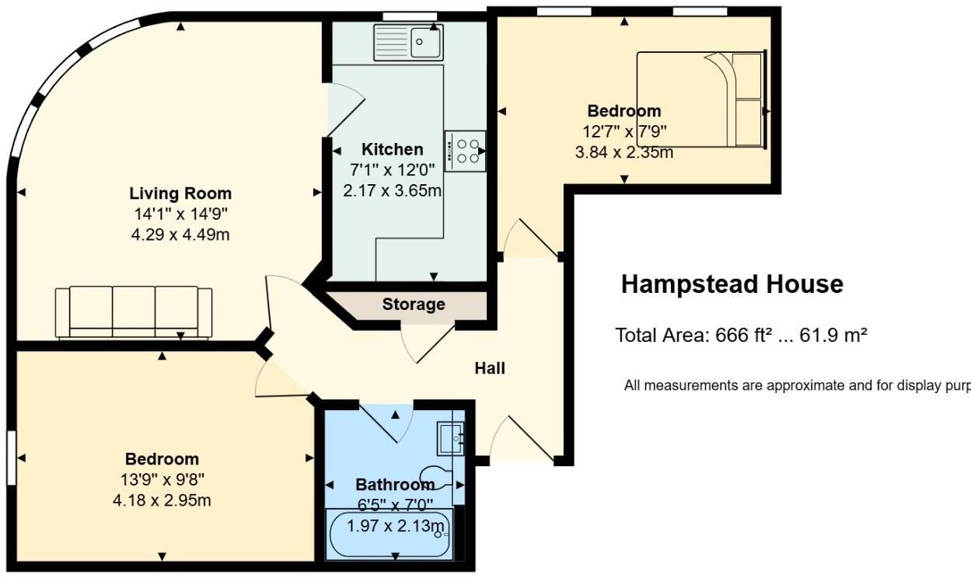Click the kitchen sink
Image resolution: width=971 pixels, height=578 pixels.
[x=407, y=42]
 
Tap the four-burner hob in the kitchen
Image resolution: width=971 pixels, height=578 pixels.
[x=465, y=151]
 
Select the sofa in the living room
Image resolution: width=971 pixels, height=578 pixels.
[x=134, y=312]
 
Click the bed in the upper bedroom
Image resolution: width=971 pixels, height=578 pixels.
[x=700, y=99]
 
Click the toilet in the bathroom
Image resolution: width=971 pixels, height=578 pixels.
[x=438, y=475]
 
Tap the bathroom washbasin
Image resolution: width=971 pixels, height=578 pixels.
[x=449, y=438]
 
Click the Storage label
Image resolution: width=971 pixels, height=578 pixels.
[x=414, y=304]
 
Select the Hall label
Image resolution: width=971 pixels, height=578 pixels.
[x=490, y=368]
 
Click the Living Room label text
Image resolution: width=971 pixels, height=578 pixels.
[x=180, y=193]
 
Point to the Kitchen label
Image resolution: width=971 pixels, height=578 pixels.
[x=393, y=149]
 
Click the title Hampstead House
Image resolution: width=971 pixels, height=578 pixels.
[x=732, y=284]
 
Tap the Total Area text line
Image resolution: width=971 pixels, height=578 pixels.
[x=741, y=336]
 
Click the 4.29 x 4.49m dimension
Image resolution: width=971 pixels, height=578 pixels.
[x=180, y=234]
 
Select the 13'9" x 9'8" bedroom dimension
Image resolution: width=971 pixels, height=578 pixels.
[x=162, y=479]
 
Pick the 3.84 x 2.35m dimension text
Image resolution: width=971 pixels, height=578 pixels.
[x=623, y=152]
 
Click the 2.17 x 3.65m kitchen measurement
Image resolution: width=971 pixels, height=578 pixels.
[x=393, y=190]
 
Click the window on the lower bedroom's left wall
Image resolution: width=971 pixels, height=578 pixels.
[x=12, y=458]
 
